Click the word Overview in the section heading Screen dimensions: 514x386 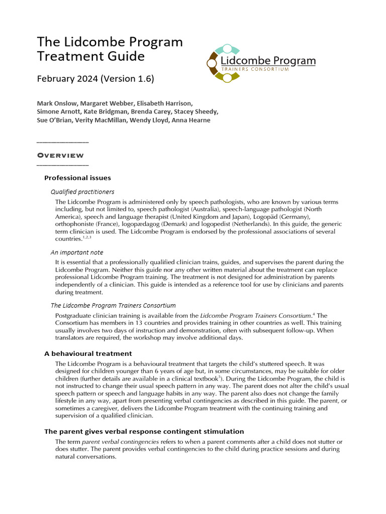[x=63, y=156]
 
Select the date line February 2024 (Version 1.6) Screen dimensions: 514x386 [x=95, y=79]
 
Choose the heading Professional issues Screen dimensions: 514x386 [x=77, y=178]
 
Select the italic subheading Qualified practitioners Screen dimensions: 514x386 [x=82, y=192]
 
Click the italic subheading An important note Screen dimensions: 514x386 [x=77, y=252]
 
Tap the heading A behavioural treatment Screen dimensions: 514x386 [x=88, y=354]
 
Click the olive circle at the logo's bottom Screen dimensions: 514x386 [x=227, y=77]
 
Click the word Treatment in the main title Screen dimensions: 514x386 [x=64, y=56]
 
